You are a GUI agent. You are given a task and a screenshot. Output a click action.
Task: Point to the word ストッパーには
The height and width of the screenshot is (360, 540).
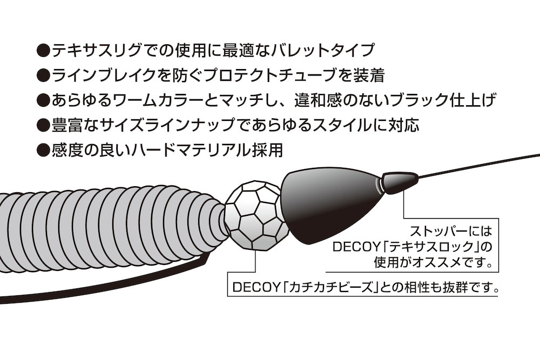click(450, 230)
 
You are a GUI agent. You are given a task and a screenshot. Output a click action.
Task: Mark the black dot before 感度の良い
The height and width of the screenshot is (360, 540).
click(43, 151)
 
